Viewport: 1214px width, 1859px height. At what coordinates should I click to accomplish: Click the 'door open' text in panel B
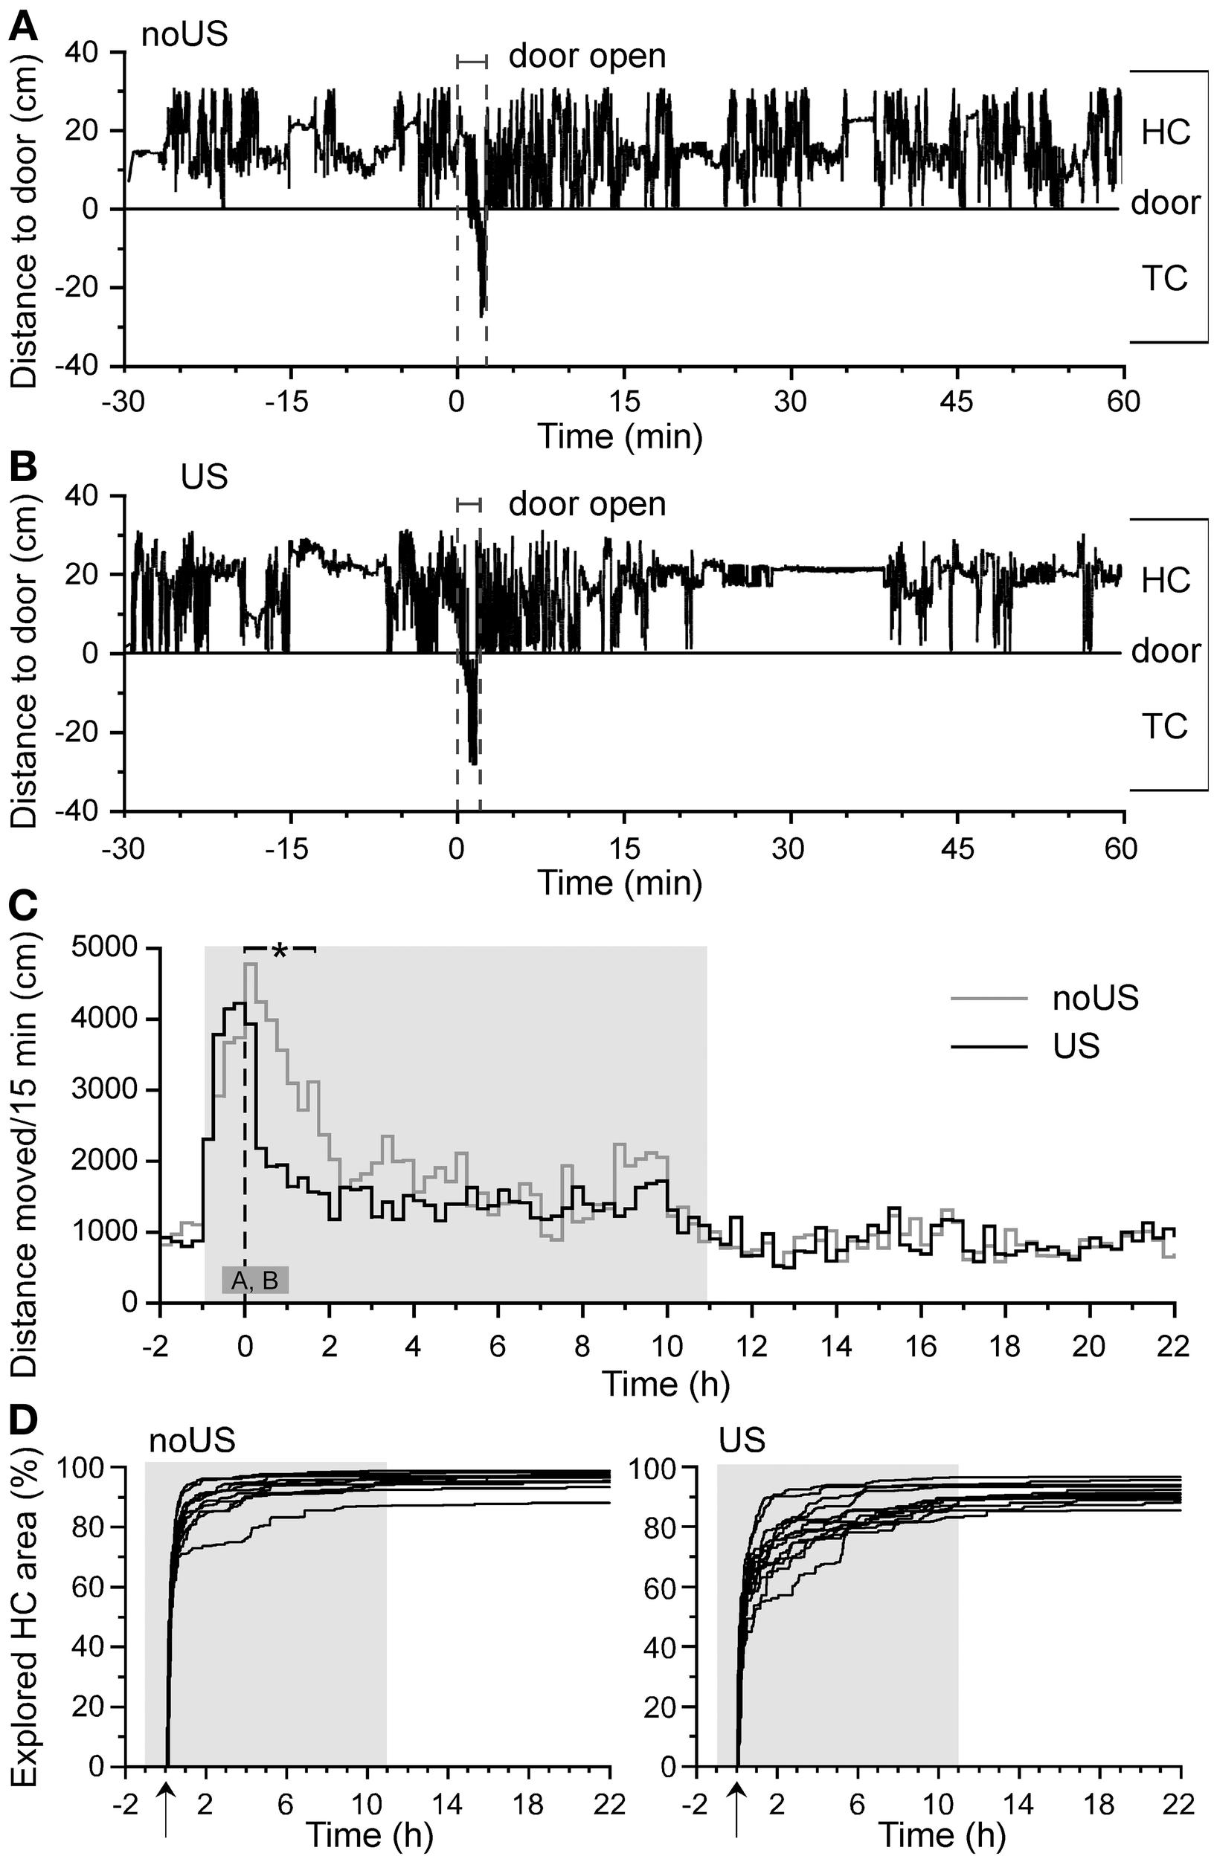coord(587,505)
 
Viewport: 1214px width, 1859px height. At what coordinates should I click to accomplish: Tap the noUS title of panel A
coord(184,35)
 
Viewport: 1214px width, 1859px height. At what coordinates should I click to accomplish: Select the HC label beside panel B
coord(1165,580)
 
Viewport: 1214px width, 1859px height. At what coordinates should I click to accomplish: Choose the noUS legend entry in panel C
coord(1094,998)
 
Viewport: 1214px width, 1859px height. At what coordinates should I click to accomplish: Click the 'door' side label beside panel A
coord(1165,203)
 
